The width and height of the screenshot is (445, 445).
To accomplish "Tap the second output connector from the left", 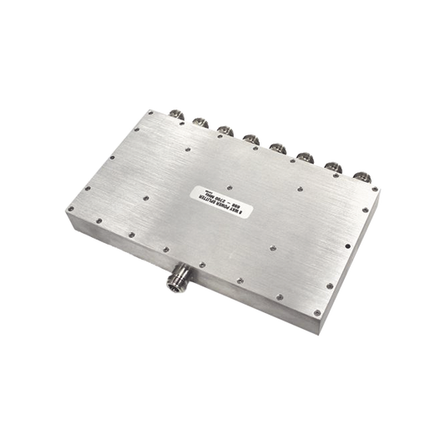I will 200,122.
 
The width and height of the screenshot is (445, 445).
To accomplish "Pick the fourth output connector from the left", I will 250,136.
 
